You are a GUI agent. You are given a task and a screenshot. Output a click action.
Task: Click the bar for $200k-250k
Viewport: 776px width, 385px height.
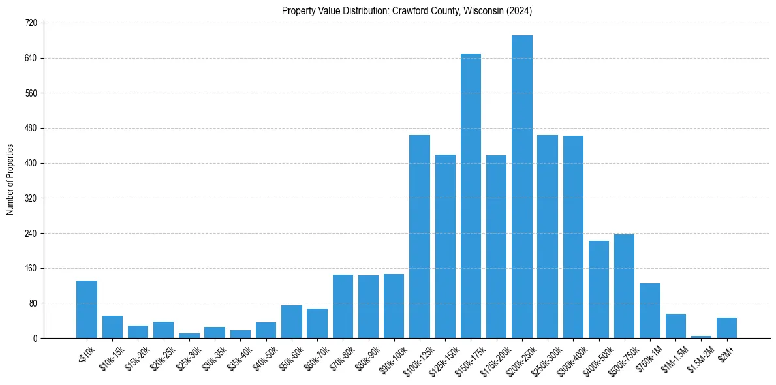(522, 187)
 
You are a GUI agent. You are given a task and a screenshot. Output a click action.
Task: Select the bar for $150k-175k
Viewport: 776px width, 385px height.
(471, 196)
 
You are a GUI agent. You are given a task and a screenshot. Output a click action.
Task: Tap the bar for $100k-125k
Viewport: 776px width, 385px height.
(420, 236)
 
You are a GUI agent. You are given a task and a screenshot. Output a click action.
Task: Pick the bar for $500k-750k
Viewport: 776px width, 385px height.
(624, 286)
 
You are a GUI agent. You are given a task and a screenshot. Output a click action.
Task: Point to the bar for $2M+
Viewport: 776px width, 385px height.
(726, 328)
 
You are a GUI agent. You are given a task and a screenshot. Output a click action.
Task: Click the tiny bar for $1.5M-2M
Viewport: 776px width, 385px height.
(701, 337)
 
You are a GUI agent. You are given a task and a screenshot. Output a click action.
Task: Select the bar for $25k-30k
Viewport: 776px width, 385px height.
(189, 335)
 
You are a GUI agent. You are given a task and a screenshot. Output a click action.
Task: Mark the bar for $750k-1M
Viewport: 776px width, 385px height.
(650, 311)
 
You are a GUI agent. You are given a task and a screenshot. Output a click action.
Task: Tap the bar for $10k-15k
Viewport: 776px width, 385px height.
(112, 327)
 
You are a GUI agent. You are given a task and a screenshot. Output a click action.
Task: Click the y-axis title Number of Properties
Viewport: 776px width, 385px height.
(10, 179)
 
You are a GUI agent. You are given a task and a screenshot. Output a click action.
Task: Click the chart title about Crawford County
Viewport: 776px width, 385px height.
(407, 10)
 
